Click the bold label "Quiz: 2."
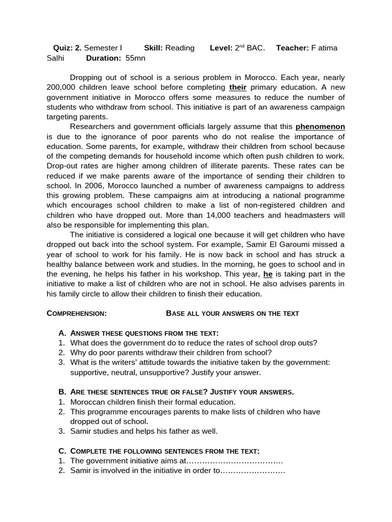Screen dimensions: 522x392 [67, 48]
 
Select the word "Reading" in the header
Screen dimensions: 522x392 [180, 48]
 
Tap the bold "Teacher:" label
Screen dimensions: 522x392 [292, 48]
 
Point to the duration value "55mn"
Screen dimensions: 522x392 [135, 58]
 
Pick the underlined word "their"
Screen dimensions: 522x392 [238, 88]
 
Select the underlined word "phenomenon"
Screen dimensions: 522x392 [320, 126]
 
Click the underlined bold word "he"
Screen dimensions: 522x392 [268, 274]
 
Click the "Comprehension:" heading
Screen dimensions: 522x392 [77, 313]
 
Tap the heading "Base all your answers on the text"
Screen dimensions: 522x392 [232, 313]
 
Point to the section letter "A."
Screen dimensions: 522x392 [63, 333]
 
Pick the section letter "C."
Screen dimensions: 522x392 [63, 451]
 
